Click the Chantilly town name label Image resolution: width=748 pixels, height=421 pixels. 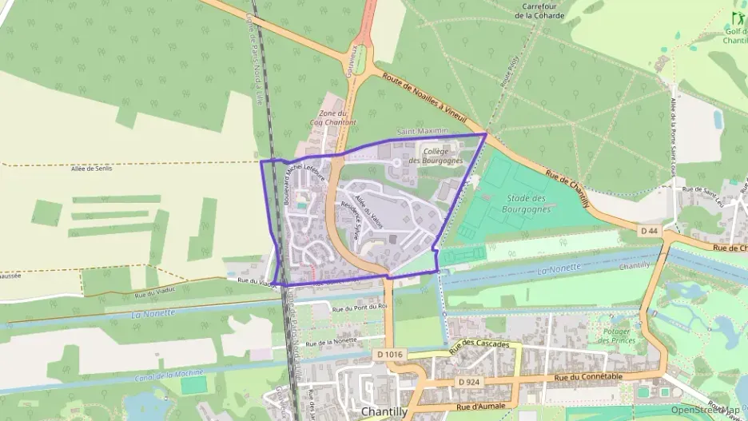384,411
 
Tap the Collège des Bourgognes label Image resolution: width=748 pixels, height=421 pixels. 436,156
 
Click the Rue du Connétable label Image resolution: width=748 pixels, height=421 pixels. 586,376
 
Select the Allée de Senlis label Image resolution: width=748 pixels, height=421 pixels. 92,169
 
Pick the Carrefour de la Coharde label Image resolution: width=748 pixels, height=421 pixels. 539,10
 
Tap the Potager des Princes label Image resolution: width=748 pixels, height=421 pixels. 617,336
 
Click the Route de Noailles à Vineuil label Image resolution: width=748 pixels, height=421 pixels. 424,96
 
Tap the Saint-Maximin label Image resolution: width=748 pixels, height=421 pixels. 422,131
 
